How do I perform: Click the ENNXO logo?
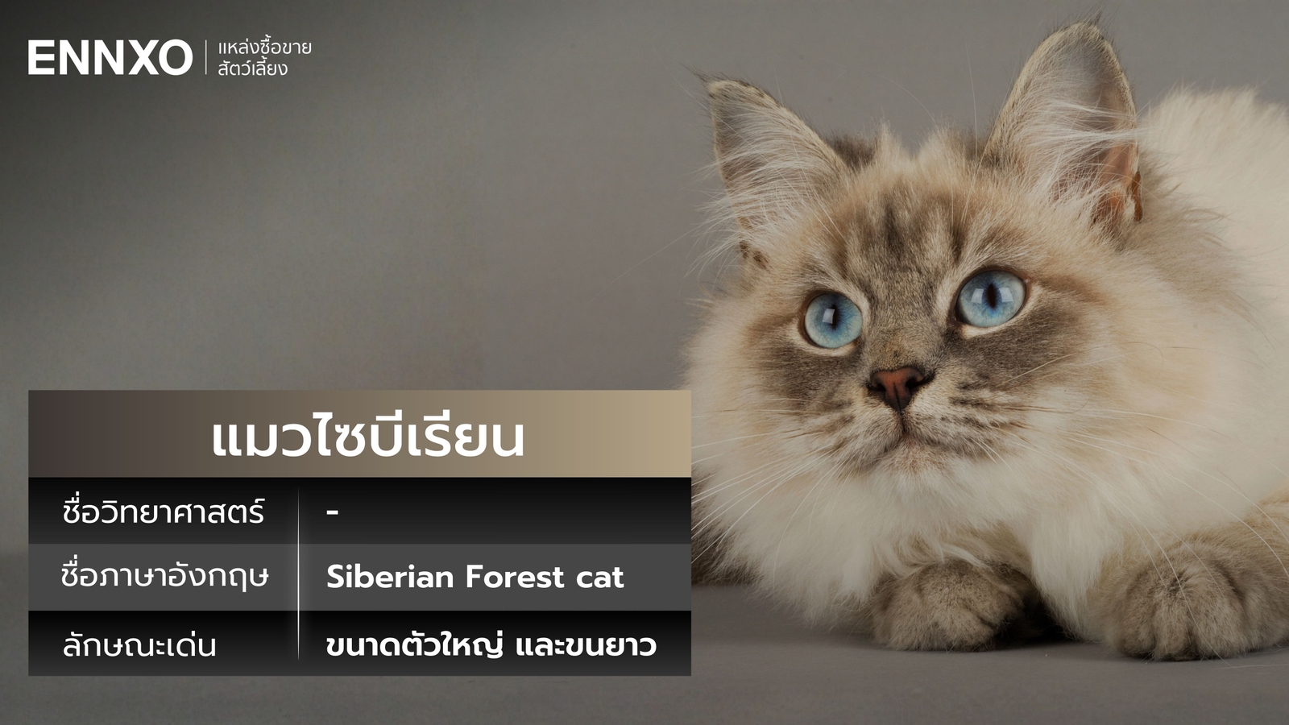click(x=110, y=58)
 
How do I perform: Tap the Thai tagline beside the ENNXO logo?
click(x=263, y=58)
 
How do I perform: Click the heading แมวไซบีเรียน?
click(x=367, y=437)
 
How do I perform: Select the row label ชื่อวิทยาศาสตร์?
click(x=164, y=512)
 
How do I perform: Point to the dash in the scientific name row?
click(x=333, y=512)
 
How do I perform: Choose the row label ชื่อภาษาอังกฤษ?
click(x=164, y=577)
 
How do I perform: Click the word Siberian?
click(x=390, y=577)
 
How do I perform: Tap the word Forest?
click(x=514, y=577)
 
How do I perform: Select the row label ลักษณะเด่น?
click(x=139, y=645)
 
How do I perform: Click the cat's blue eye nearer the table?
click(x=833, y=319)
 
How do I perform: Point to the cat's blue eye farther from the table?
click(x=991, y=296)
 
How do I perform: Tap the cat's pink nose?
click(x=897, y=383)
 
